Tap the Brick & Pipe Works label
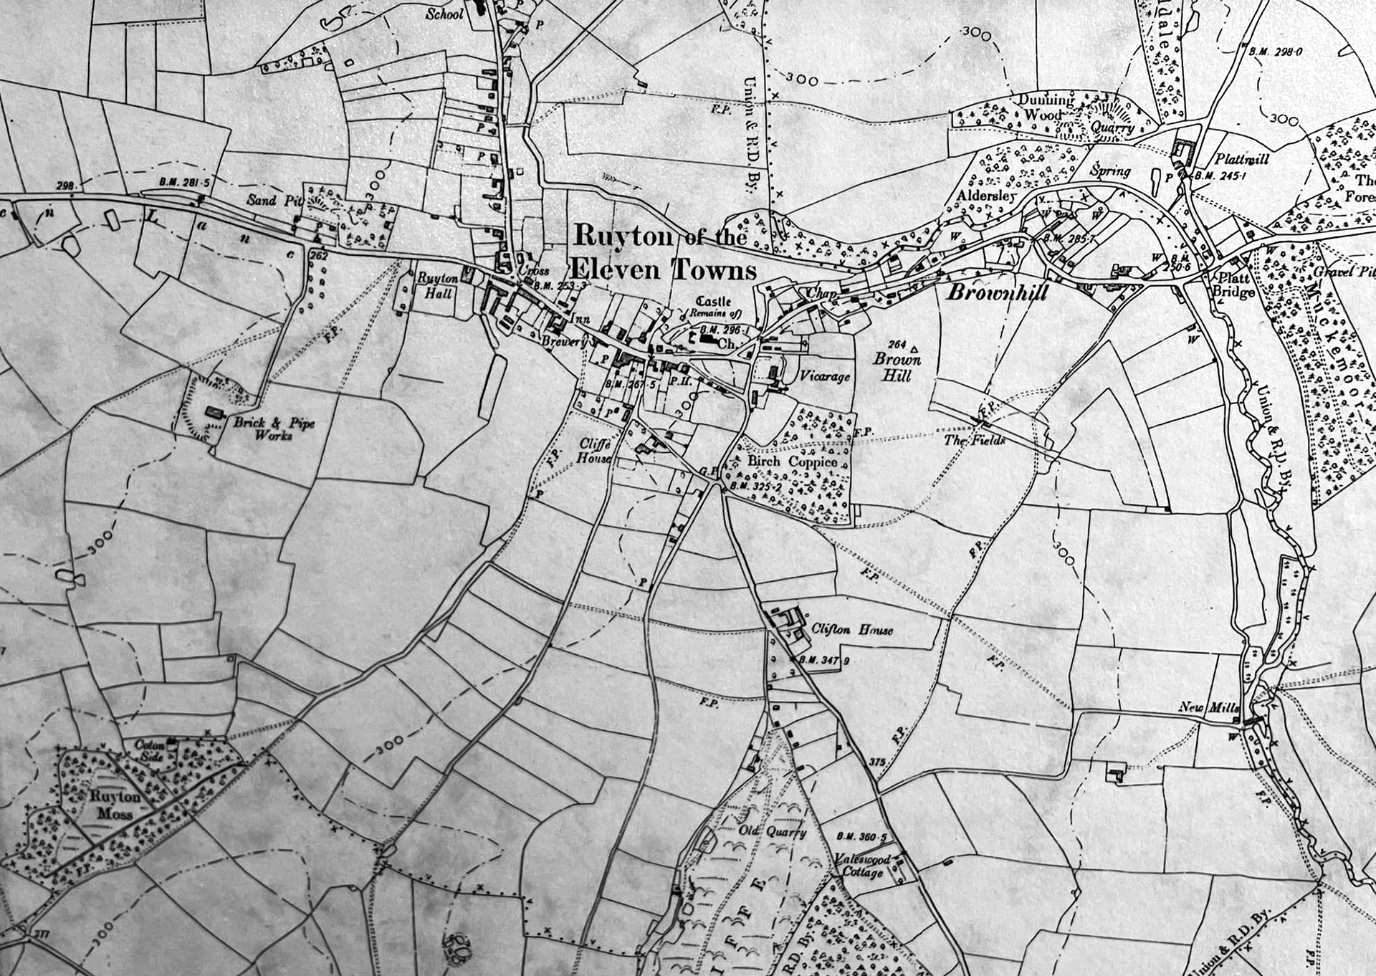[x=274, y=429]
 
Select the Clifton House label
[x=852, y=630]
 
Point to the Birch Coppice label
[x=792, y=462]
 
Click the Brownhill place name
[x=998, y=293]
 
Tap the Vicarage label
[x=824, y=376]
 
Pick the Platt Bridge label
[x=1231, y=285]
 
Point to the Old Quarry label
[x=772, y=832]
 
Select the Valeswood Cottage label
[x=863, y=866]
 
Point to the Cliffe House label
[x=595, y=451]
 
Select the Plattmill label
[x=1241, y=158]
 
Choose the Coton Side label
[x=151, y=750]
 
